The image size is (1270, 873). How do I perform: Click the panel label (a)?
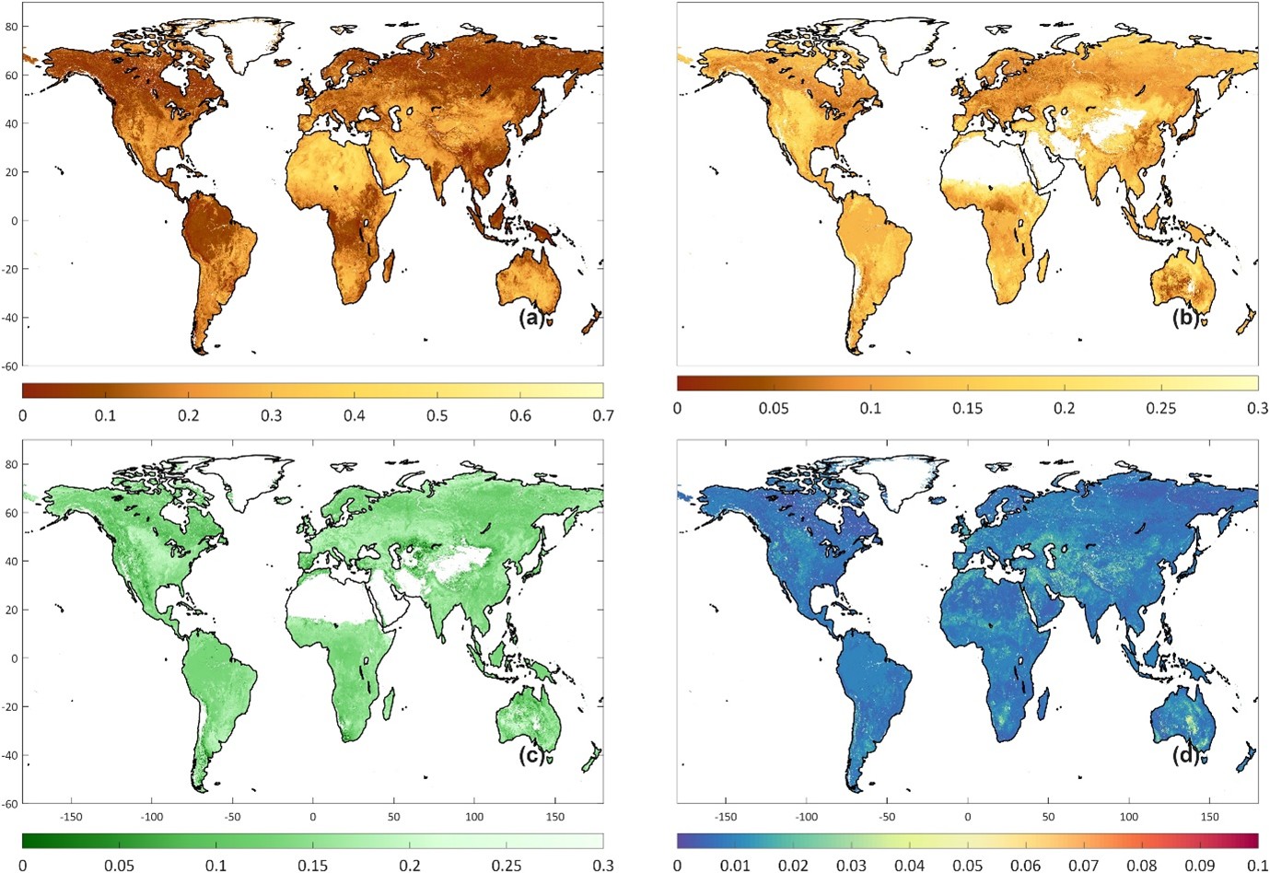pos(532,318)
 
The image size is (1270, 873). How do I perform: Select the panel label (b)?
pos(1186,318)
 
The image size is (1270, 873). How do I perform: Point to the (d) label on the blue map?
pos(1186,755)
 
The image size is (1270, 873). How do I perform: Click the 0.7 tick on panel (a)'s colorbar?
pos(602,415)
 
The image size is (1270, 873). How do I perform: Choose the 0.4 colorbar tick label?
pos(354,415)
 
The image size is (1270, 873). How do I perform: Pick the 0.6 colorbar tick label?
pos(520,415)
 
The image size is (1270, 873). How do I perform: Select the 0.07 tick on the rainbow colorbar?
pos(1083,866)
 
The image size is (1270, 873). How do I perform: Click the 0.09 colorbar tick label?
pos(1199,866)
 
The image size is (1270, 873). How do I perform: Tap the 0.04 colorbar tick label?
pos(909,866)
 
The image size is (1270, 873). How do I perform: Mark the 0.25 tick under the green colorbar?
pos(507,866)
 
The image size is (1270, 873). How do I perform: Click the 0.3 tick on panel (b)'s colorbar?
pos(1257,408)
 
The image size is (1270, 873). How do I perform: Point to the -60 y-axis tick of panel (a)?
pos(9,366)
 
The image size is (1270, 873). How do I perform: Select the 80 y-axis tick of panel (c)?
pos(11,464)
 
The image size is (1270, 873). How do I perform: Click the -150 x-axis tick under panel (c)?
pos(71,817)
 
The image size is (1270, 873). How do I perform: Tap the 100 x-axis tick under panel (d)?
pos(1129,817)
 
